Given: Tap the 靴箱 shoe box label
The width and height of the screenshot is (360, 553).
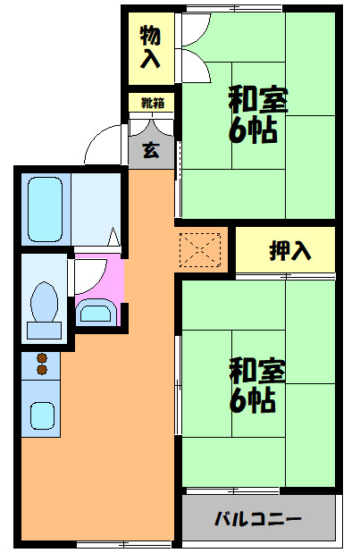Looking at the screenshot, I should point(152,103).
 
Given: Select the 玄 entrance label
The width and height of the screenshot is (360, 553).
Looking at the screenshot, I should point(152,149).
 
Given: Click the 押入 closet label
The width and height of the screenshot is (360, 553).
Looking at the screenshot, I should point(290,251).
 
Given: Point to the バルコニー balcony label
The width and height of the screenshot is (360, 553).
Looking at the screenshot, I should point(257,519).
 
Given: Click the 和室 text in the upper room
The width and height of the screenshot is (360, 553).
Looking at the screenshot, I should point(257,98).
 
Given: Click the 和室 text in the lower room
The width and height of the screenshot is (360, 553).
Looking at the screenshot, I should point(257,369).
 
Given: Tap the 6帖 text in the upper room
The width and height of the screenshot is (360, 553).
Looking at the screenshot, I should point(254,130).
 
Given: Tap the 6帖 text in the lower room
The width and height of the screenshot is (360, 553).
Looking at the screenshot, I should point(254,400).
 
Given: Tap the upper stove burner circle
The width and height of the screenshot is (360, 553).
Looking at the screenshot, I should point(41,359).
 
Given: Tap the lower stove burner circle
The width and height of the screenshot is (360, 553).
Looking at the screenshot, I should point(41,370).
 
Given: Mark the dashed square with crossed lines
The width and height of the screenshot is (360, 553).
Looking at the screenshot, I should point(200,249).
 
